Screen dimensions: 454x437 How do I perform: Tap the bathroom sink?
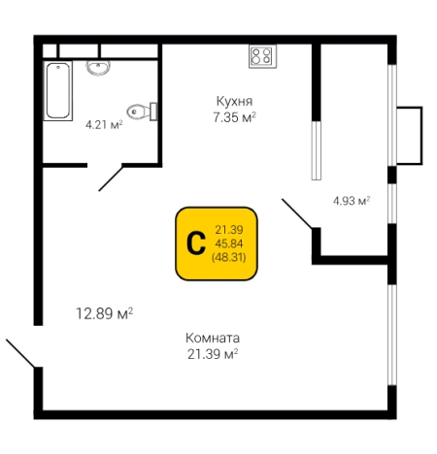pos(98,67)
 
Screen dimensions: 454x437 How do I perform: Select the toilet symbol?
pos(143,110)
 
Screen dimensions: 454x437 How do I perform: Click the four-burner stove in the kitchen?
pos(261,56)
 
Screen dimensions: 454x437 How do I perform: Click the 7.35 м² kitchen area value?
pos(233,117)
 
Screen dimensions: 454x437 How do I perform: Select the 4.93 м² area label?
pos(351,202)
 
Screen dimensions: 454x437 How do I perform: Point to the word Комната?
pos(212,338)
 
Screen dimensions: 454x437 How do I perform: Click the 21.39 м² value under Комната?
pos(212,354)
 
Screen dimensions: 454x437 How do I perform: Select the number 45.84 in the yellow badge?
pos(227,243)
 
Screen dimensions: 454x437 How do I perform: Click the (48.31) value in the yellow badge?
pos(227,258)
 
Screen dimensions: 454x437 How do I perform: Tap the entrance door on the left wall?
pos(21,354)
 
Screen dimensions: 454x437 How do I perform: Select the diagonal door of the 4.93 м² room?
pos(298,213)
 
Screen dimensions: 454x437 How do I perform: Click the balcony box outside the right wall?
pos(409,135)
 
